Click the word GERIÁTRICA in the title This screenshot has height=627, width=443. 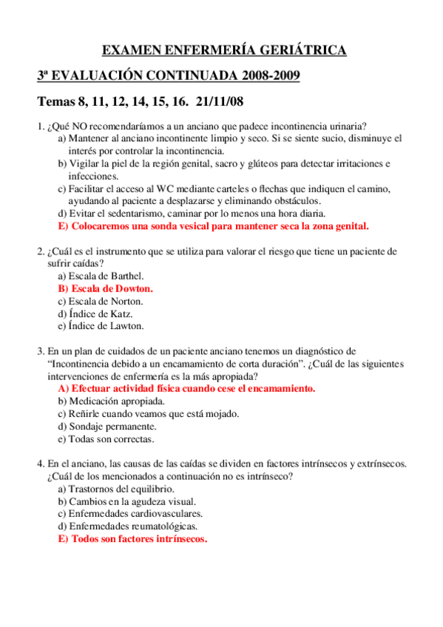301,50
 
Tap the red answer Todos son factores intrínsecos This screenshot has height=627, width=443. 132,539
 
